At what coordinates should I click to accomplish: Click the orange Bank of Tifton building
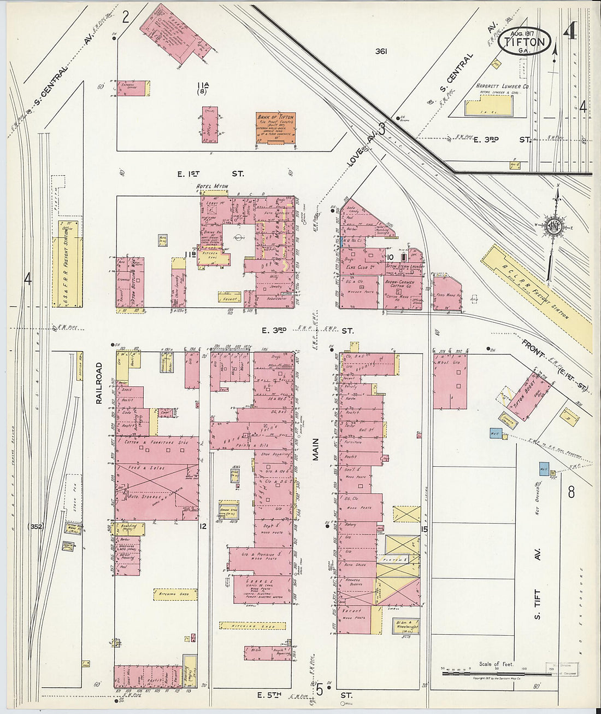click(275, 129)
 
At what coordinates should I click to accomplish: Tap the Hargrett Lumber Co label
click(502, 86)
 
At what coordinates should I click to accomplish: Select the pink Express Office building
click(131, 88)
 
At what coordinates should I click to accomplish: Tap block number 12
click(203, 526)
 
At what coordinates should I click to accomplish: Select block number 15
click(424, 529)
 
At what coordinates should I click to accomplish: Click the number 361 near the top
click(381, 52)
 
